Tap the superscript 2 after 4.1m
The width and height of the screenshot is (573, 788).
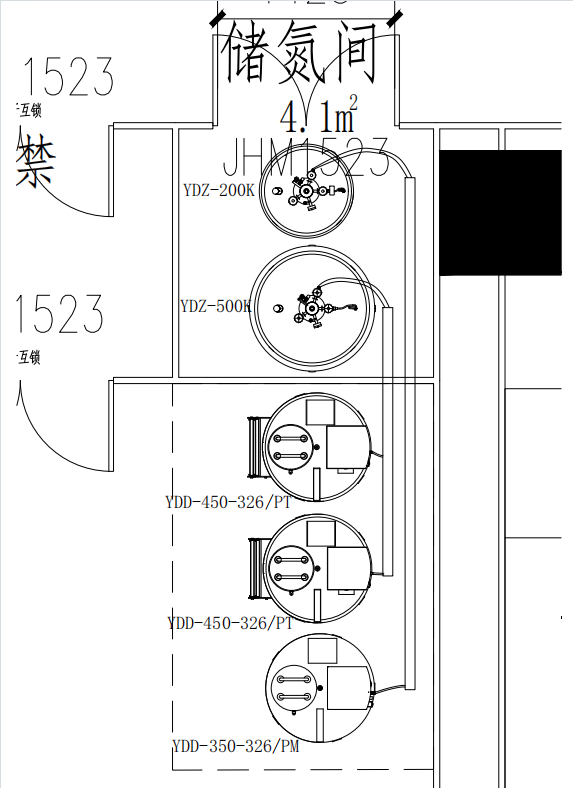tap(352, 101)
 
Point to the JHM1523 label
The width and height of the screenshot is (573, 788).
tap(305, 157)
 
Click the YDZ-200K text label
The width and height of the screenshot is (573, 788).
tap(219, 189)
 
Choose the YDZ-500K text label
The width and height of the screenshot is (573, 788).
tap(216, 307)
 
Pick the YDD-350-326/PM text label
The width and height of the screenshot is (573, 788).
tap(235, 745)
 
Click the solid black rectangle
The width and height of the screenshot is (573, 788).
tap(500, 212)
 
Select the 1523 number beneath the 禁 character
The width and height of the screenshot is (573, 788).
tap(59, 314)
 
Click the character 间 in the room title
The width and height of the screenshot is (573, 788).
tap(352, 54)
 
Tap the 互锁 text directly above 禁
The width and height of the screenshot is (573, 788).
tap(29, 110)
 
